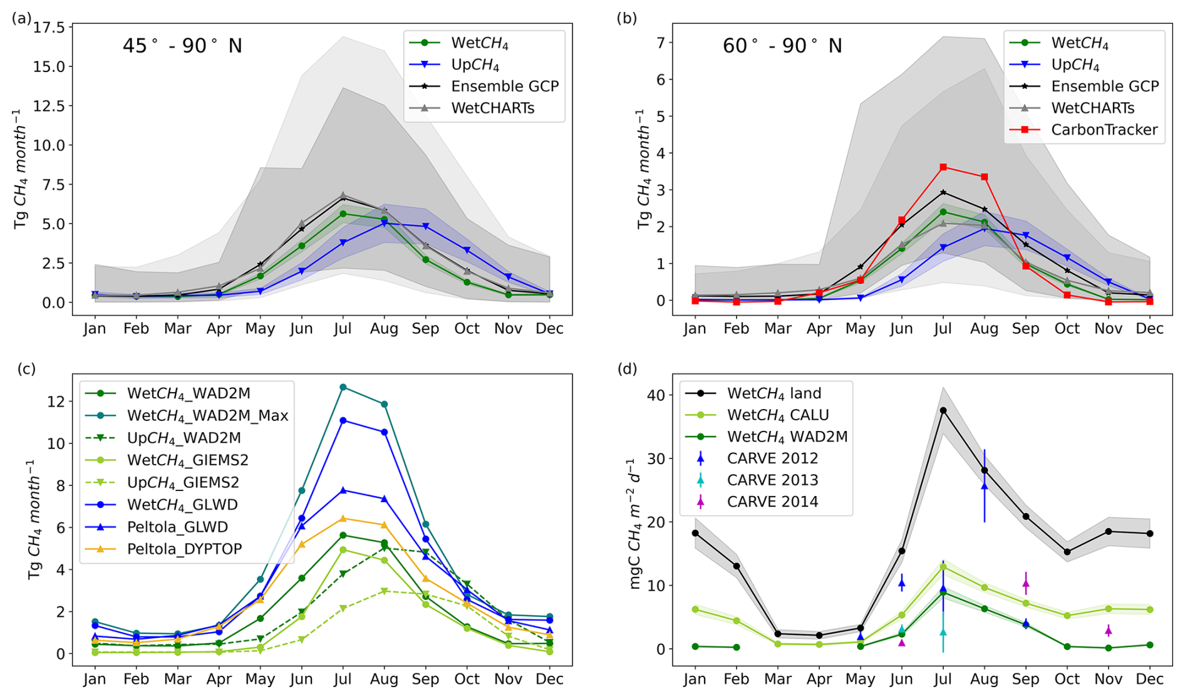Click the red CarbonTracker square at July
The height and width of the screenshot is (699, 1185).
943,167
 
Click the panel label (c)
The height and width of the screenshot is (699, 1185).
26,368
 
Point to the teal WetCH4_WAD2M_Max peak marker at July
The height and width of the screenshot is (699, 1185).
343,387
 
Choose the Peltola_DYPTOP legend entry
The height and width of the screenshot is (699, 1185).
163,549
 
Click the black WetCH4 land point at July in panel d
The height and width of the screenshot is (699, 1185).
943,410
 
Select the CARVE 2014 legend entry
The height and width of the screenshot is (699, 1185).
752,502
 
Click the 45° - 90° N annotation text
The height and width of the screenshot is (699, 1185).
182,46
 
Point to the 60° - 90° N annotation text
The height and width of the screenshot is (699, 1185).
782,46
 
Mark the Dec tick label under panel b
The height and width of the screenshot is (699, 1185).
1150,329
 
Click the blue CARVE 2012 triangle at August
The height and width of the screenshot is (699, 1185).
984,485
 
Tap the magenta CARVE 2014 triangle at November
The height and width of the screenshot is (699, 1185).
1108,630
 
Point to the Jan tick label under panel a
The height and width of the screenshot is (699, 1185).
95,329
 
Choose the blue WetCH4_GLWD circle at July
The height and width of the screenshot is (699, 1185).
343,420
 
